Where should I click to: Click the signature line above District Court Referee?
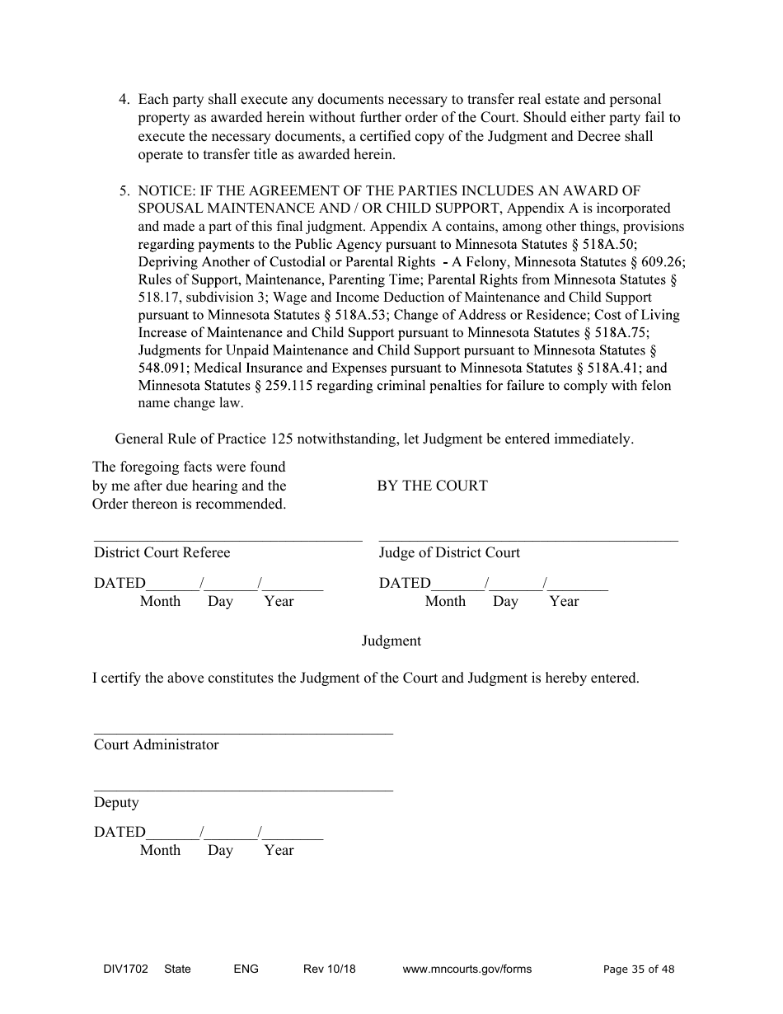227,541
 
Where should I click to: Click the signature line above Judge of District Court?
527,541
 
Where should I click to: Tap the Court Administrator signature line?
243,732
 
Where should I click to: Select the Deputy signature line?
243,790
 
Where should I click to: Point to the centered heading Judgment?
391,641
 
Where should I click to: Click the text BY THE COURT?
432,486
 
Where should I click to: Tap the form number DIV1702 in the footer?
120,969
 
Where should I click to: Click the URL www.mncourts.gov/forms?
467,969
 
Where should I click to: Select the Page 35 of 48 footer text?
639,969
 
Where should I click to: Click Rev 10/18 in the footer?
330,969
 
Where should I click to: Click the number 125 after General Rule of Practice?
280,439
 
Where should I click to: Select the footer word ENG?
246,969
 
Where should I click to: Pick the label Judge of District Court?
449,552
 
